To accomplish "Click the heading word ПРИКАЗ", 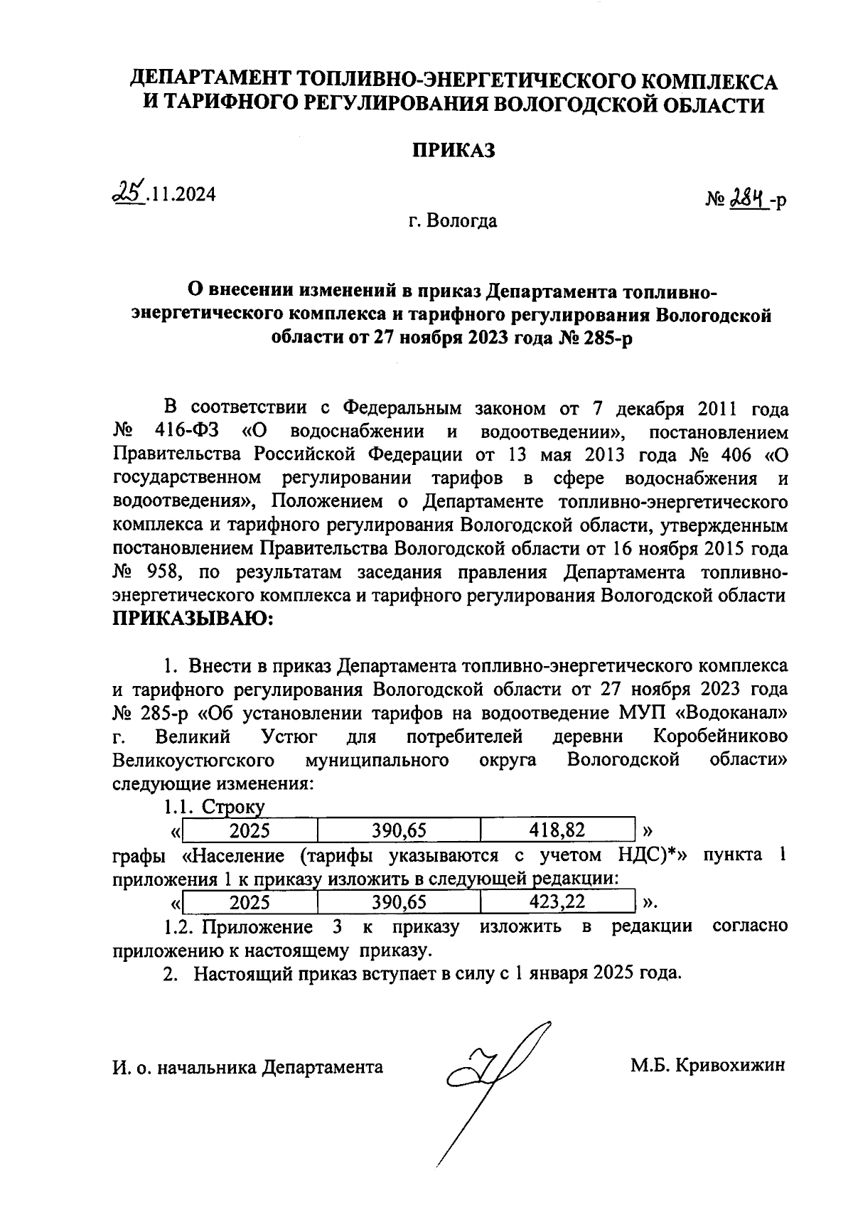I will (454, 151).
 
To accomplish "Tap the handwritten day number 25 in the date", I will (130, 192).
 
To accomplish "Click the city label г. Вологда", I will (453, 221).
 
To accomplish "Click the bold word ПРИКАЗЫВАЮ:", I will (193, 618).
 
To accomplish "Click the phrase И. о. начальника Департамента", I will (247, 1067).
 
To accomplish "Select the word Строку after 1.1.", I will (232, 807).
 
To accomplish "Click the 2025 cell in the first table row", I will (250, 829).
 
